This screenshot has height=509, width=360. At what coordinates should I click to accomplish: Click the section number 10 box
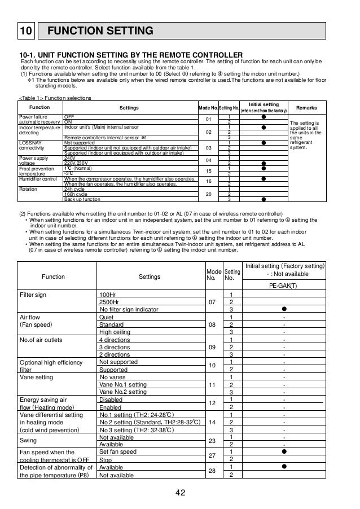(x=27, y=30)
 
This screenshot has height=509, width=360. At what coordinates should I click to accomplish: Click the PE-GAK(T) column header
(x=284, y=285)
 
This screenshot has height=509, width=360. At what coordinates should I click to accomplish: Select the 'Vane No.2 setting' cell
(x=122, y=392)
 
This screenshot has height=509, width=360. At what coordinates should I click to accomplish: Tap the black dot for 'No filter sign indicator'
(x=284, y=309)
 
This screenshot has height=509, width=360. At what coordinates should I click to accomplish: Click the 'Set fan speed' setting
(x=117, y=452)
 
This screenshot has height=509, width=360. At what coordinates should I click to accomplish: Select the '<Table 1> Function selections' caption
(x=55, y=98)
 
